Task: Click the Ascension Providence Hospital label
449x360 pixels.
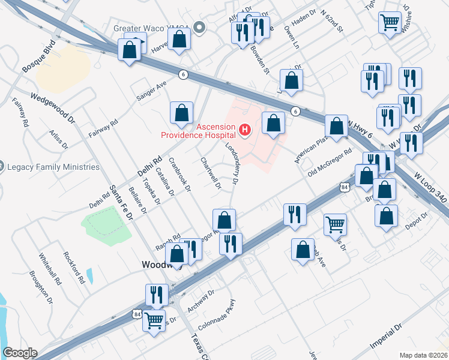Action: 198,131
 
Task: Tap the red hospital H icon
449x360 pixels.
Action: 244,129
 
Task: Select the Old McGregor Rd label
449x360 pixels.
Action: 329,163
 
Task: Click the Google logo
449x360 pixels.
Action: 20,353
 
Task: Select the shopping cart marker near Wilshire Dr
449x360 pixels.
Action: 390,23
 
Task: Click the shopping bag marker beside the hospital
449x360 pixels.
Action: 273,124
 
